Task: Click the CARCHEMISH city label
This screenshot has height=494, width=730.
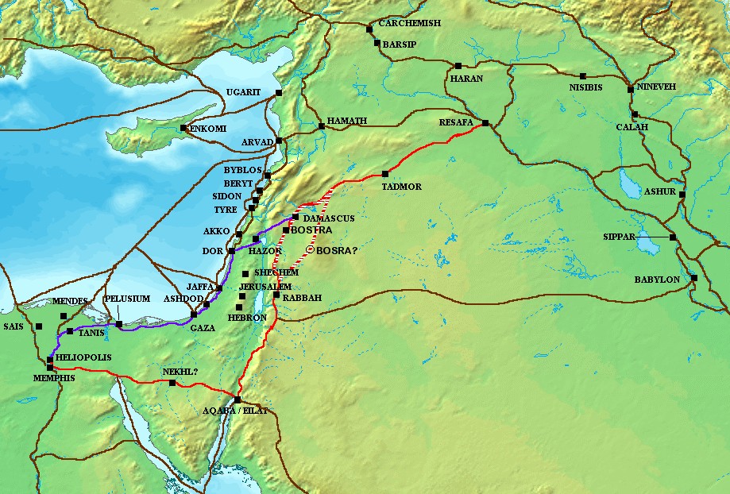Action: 409,24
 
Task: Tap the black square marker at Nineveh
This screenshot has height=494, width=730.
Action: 631,90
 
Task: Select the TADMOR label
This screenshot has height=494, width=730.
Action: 401,187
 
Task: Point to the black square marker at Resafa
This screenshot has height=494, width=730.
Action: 485,123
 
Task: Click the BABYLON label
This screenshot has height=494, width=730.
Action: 656,280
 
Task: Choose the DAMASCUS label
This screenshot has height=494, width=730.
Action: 327,217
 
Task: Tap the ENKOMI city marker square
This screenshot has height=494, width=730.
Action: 183,128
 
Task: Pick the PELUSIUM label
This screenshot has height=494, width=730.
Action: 127,299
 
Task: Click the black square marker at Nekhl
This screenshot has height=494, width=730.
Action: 172,383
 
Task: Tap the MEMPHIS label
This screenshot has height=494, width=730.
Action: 54,378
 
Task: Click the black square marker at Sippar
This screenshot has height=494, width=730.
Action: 672,237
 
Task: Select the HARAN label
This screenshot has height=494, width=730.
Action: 466,79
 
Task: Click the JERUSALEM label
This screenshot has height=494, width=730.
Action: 265,286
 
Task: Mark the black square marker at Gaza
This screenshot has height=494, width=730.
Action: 193,315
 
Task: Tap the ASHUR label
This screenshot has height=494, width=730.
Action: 660,192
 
